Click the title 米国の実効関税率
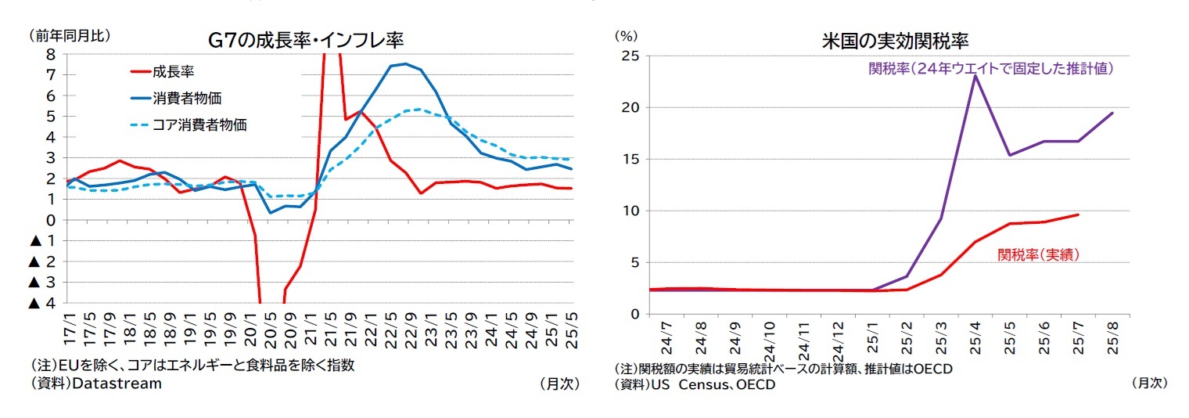(896, 40)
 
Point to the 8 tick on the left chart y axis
(50, 55)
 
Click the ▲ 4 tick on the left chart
(44, 303)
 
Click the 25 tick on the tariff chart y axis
(630, 56)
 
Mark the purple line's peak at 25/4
(975, 76)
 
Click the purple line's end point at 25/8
(1112, 113)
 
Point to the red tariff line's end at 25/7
(1078, 214)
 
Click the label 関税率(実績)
(1039, 254)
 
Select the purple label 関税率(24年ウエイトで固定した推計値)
(991, 69)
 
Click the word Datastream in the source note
(117, 384)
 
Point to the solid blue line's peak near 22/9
(404, 64)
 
